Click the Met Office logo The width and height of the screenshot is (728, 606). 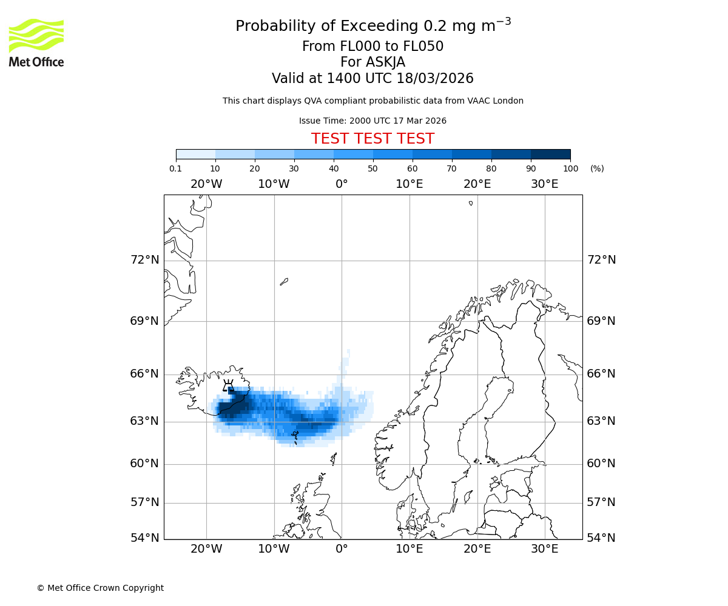(36, 42)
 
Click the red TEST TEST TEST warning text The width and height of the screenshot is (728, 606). (372, 139)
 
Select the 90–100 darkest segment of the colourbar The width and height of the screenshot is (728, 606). (550, 154)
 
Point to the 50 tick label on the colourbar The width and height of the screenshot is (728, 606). (372, 168)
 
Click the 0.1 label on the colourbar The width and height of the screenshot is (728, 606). (176, 168)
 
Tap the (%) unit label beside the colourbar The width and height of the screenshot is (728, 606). (597, 168)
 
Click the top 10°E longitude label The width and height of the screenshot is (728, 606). (409, 184)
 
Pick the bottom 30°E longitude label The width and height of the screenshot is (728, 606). (544, 549)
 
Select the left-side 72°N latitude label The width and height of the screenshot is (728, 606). (144, 260)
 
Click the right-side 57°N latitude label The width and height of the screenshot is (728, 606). (601, 502)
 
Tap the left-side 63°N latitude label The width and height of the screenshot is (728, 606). (144, 421)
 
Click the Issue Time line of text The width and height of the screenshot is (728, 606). (372, 121)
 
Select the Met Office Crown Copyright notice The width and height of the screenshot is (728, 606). (100, 588)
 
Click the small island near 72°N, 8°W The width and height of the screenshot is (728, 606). (284, 281)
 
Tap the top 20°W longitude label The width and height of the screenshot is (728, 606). (206, 184)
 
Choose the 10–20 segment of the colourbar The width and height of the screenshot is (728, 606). (235, 154)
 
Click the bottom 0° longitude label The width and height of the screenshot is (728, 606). (342, 549)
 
